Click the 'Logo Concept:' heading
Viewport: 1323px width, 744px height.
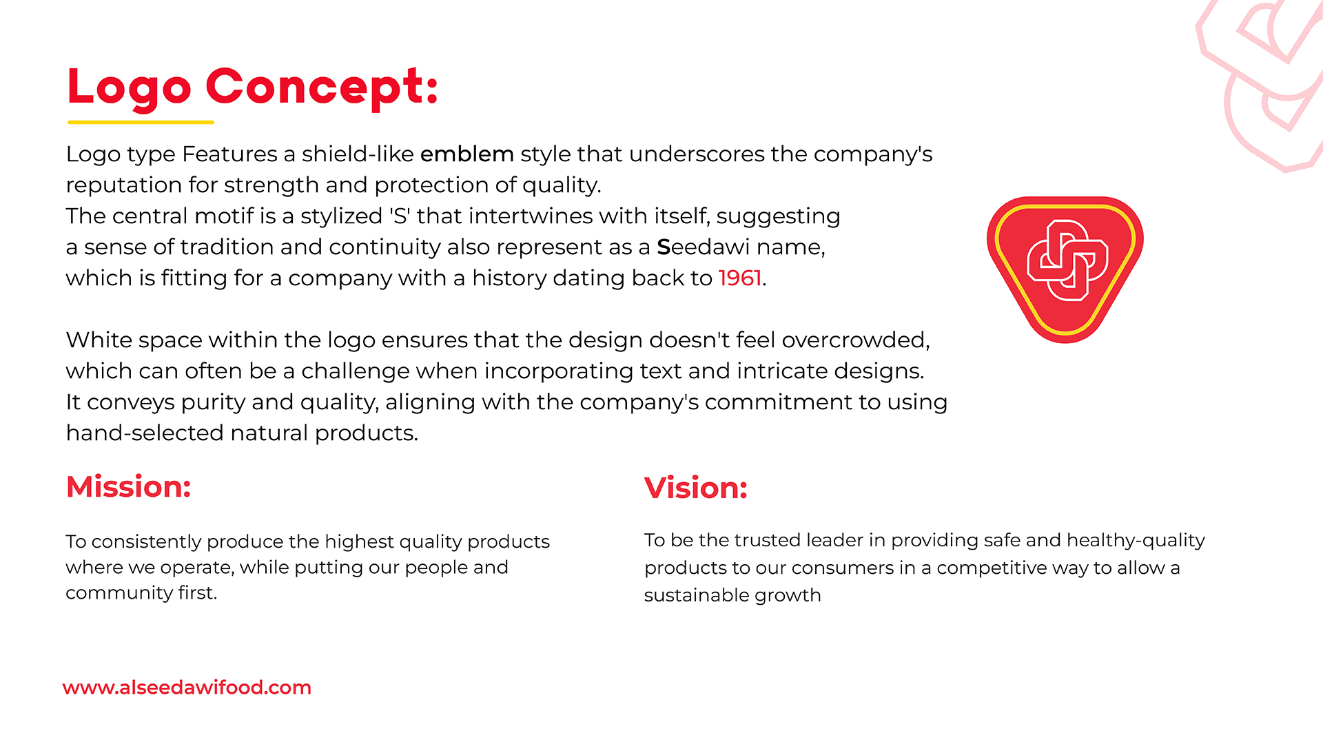(x=253, y=87)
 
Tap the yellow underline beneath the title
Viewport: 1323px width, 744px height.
(x=141, y=123)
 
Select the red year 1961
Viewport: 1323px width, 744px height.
(x=739, y=278)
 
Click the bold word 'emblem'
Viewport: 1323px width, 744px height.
(x=467, y=154)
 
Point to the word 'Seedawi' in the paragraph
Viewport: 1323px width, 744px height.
(x=704, y=247)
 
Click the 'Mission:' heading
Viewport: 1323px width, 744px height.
(x=129, y=486)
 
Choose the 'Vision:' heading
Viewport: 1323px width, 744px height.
(x=696, y=488)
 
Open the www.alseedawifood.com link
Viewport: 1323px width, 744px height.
(x=187, y=687)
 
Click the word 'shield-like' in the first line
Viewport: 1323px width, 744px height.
(x=358, y=154)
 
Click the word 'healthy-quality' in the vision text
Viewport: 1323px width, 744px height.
(x=1136, y=540)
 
